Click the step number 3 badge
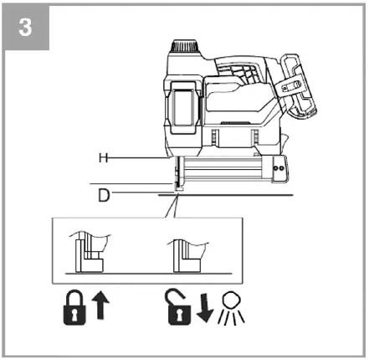click(25, 26)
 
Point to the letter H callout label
click(101, 157)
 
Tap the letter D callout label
click(102, 194)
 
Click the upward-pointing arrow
click(102, 306)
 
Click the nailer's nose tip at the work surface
click(177, 188)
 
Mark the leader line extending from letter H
click(142, 157)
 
